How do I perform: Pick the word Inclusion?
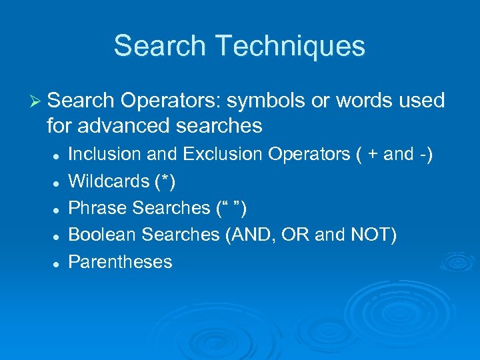[x=105, y=155]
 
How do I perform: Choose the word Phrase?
[x=98, y=208]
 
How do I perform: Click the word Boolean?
[x=102, y=235]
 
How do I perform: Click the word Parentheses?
[x=121, y=262]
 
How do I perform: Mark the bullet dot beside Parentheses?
[x=58, y=263]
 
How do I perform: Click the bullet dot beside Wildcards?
[x=58, y=182]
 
